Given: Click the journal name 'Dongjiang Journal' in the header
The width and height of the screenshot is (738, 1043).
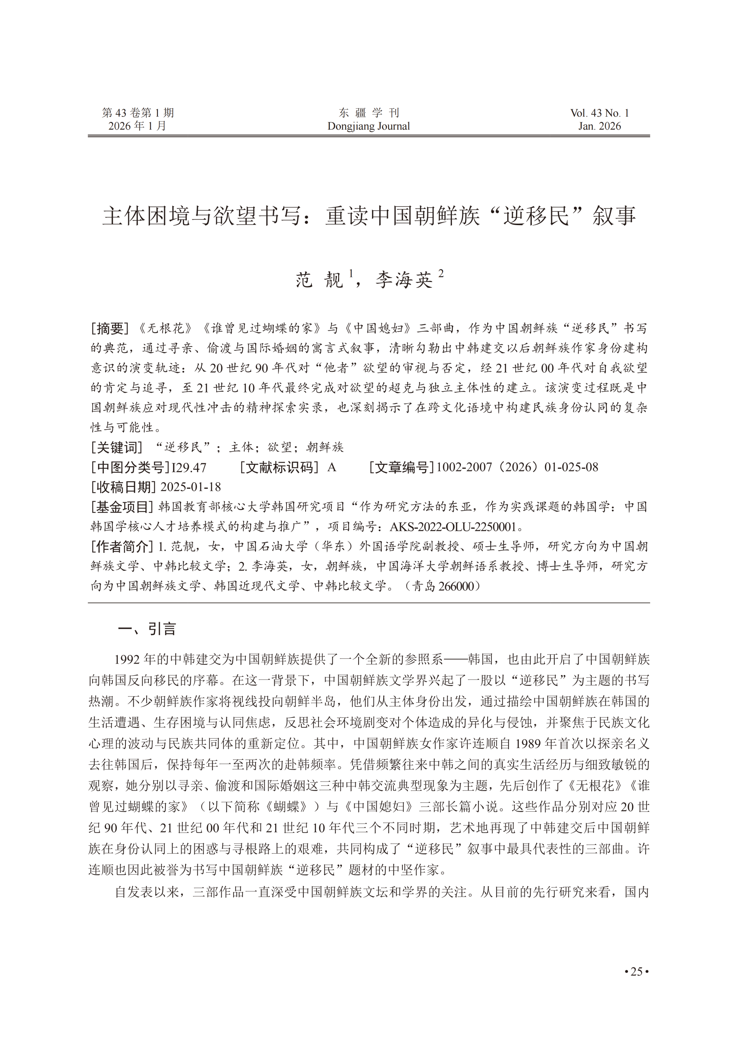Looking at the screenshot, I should point(369,126).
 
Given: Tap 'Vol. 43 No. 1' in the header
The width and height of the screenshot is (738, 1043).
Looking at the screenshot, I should point(599,113).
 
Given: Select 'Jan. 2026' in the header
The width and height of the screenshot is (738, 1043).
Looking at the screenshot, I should point(599,126).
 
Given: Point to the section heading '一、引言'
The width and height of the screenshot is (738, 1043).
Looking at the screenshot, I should point(147,629).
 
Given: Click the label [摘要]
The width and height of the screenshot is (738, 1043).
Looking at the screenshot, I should point(110,328).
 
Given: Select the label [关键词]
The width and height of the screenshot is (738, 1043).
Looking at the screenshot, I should point(117,447).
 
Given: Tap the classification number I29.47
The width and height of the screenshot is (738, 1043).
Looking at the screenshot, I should point(189,467).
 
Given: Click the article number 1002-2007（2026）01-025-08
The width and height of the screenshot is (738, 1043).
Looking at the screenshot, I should point(517,467).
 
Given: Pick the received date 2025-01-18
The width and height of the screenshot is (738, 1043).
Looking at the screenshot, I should point(191,487).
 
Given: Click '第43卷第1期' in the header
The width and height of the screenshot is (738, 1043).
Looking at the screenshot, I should point(138,113).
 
